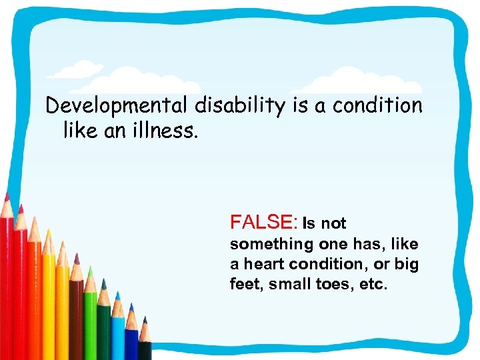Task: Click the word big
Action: coord(406,265)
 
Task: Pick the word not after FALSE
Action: coord(334,223)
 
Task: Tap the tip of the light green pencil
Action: coord(89,267)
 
